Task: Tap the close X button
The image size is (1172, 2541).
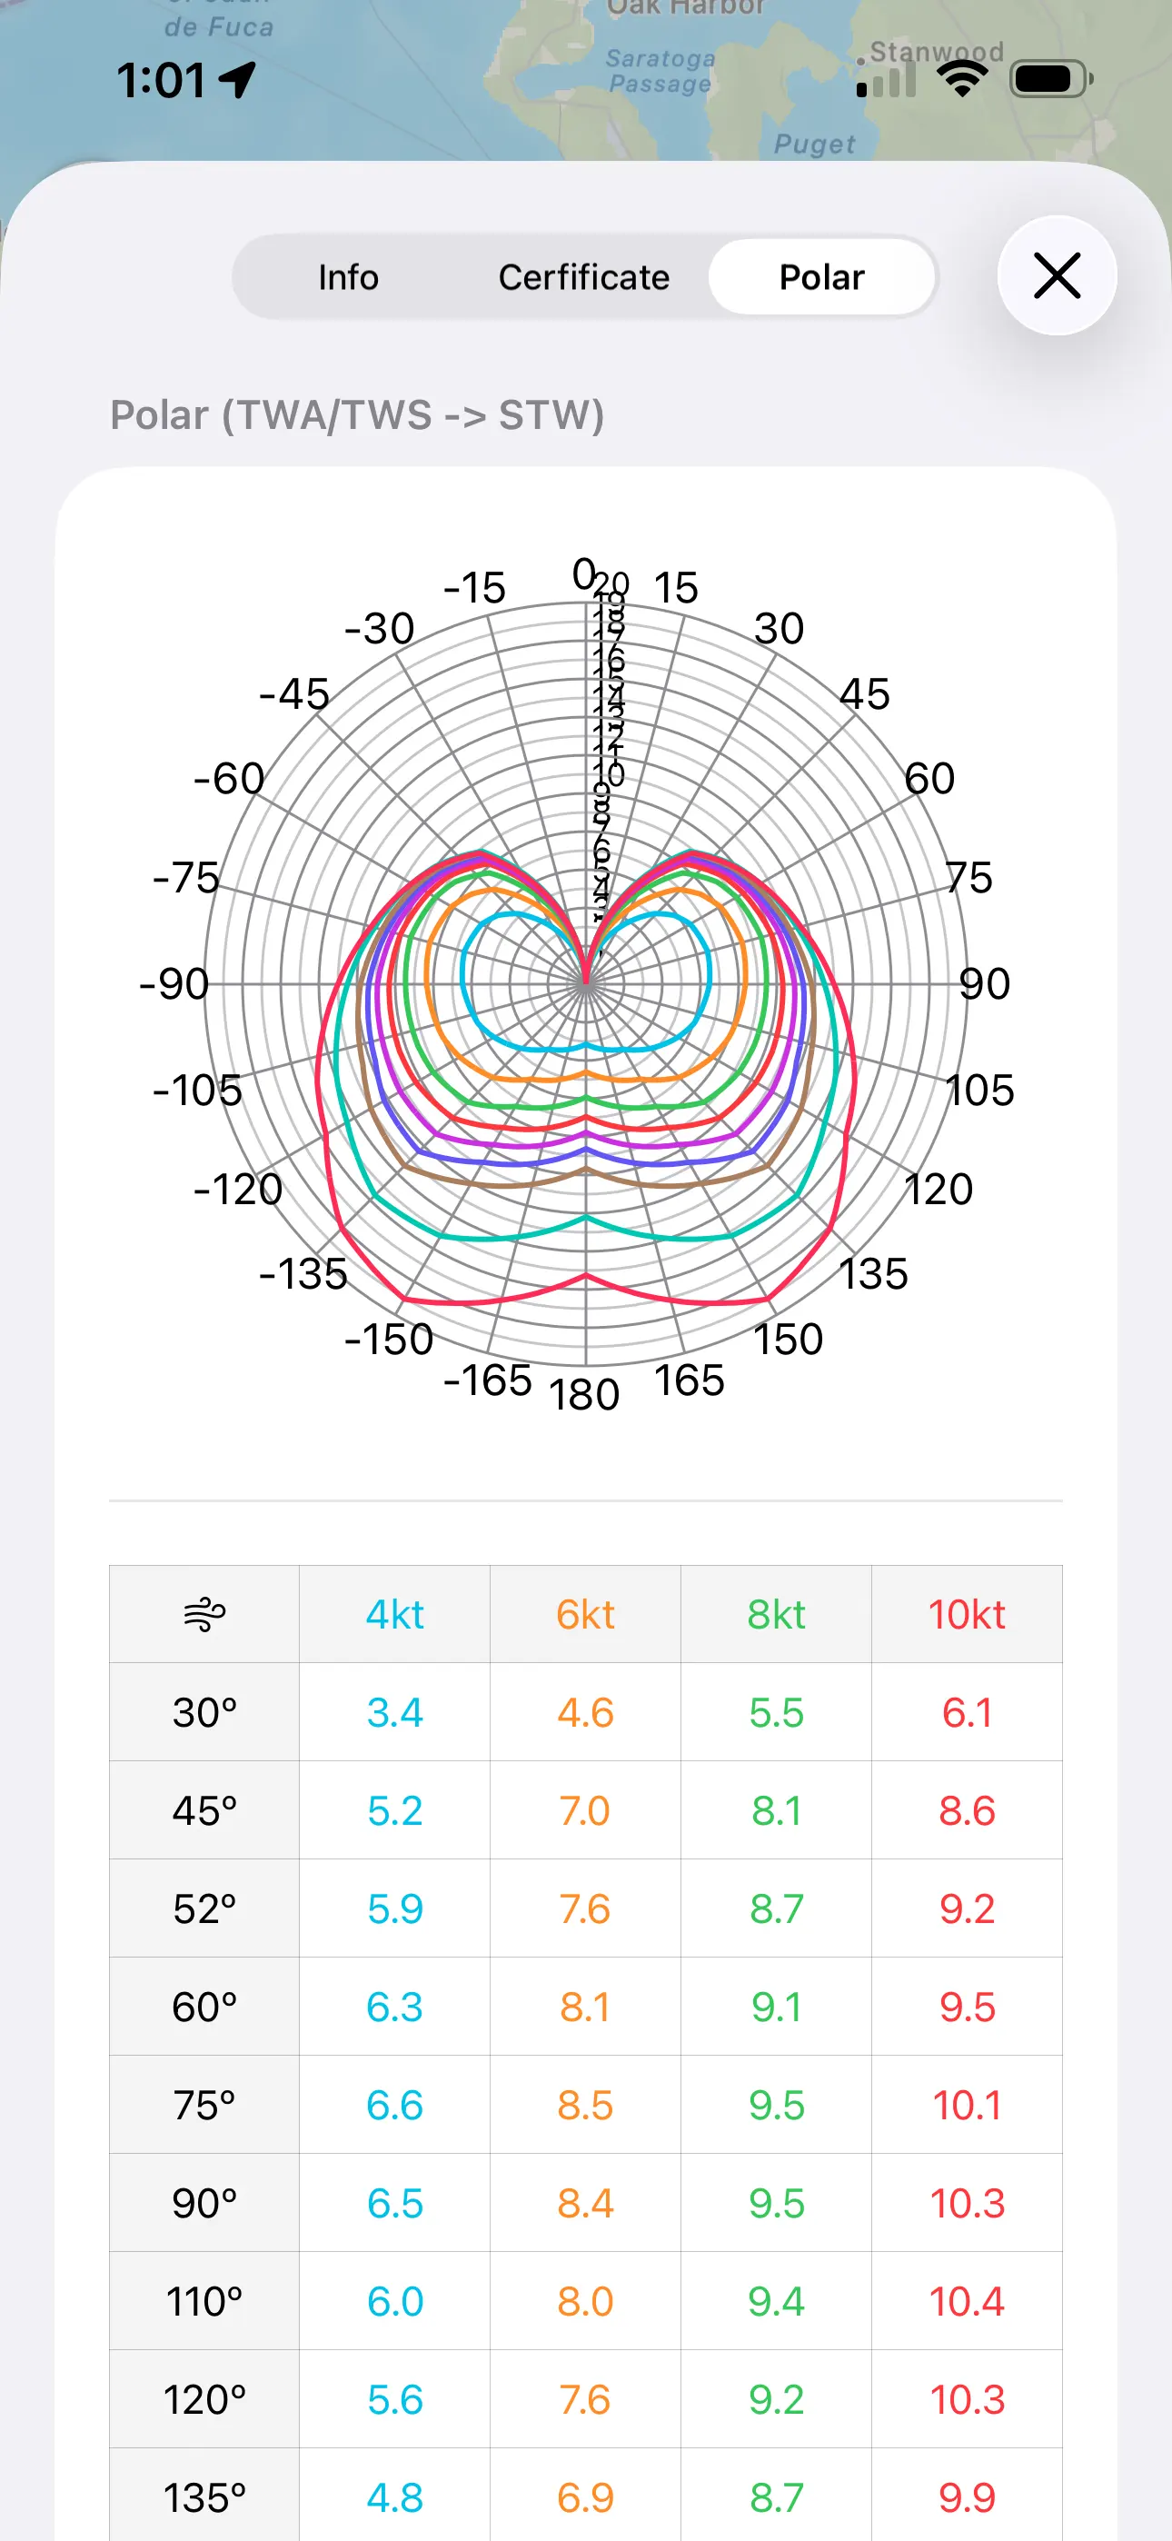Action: coord(1057,275)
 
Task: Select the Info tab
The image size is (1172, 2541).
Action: coord(348,277)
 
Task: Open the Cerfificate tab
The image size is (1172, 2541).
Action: coord(584,277)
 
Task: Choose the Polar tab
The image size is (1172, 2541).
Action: coord(822,277)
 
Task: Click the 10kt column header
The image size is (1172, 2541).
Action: coord(967,1615)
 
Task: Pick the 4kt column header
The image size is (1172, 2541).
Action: coord(394,1615)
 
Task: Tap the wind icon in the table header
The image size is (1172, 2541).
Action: coord(204,1615)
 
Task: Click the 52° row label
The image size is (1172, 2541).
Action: coord(204,1908)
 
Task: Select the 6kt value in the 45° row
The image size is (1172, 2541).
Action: coord(585,1811)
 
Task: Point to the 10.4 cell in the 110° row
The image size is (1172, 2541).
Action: coord(967,2301)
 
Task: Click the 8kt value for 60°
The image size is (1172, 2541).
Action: coord(777,2008)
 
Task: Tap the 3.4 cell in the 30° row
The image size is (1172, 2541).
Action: coord(394,1712)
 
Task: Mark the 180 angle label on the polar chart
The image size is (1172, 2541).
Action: coord(585,1395)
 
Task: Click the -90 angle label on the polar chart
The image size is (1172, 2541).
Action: coord(174,983)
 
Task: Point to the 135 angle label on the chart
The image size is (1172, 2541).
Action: coord(873,1273)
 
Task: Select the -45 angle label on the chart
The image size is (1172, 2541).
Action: coord(294,693)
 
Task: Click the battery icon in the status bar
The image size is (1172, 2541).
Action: coord(1050,79)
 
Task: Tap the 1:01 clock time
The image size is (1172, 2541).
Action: coord(161,80)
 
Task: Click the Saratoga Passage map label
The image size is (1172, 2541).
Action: coord(659,71)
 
